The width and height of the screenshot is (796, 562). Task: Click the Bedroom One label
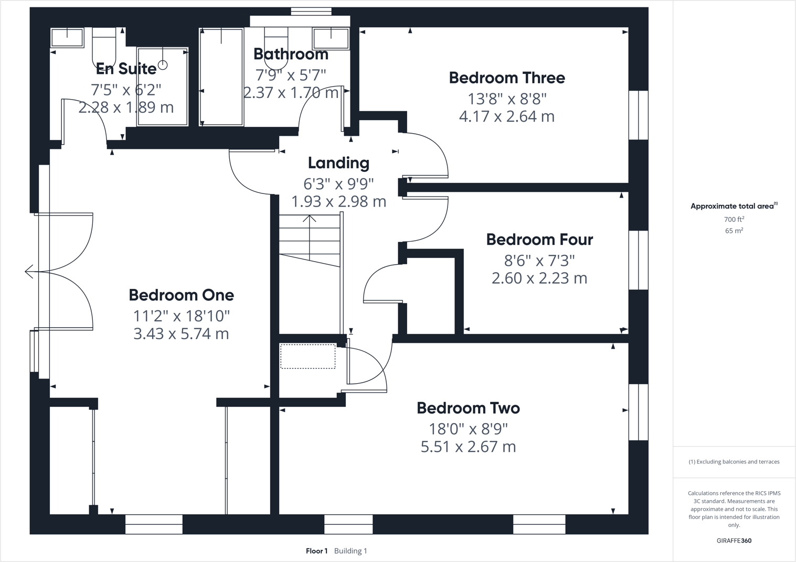(181, 295)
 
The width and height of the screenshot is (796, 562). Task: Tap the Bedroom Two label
(468, 408)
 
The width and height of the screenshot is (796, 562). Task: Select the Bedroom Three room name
(506, 78)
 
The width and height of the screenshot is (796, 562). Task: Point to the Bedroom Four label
(539, 240)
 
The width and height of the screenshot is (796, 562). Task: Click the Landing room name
(338, 163)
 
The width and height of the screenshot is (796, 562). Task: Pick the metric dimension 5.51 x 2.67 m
(468, 447)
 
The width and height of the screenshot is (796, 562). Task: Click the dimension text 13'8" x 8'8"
(506, 99)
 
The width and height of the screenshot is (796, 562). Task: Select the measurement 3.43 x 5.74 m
(181, 333)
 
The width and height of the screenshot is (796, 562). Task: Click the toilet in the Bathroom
(276, 45)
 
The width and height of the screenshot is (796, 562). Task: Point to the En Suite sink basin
(67, 38)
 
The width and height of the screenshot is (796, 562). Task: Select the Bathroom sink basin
(331, 38)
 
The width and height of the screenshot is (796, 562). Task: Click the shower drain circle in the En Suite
(163, 65)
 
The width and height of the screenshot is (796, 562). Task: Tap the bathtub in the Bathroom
(221, 77)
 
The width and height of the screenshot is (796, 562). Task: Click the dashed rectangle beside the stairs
(307, 356)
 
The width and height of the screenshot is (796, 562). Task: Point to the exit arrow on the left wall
(29, 272)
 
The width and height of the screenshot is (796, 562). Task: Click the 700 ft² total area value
(734, 220)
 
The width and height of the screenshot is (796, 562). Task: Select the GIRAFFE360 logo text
(734, 541)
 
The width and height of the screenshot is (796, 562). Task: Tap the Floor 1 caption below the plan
(316, 551)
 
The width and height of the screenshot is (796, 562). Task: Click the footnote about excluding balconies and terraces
(734, 462)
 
